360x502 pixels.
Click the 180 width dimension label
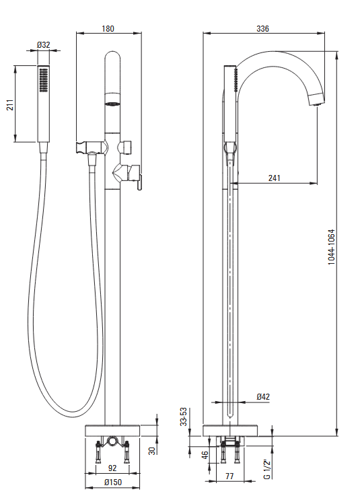point(108,28)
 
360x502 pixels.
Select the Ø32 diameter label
point(43,44)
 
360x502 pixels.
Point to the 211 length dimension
point(11,105)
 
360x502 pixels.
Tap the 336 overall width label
point(262,28)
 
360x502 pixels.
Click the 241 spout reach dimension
point(275,178)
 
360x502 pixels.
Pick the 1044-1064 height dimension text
point(332,247)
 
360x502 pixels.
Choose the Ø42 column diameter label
point(263,396)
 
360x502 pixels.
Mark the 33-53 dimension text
point(183,417)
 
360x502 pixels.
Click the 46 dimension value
point(205,455)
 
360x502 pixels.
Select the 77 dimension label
point(229,476)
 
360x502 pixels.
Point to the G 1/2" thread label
point(267,469)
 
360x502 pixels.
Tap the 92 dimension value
point(112,468)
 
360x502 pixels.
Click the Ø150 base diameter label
point(113,482)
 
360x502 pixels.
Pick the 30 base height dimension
point(152,450)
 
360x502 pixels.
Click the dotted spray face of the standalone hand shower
point(43,79)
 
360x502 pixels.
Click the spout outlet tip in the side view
point(317,100)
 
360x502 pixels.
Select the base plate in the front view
point(112,431)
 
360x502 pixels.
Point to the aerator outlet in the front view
point(112,104)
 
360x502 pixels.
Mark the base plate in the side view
point(230,431)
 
